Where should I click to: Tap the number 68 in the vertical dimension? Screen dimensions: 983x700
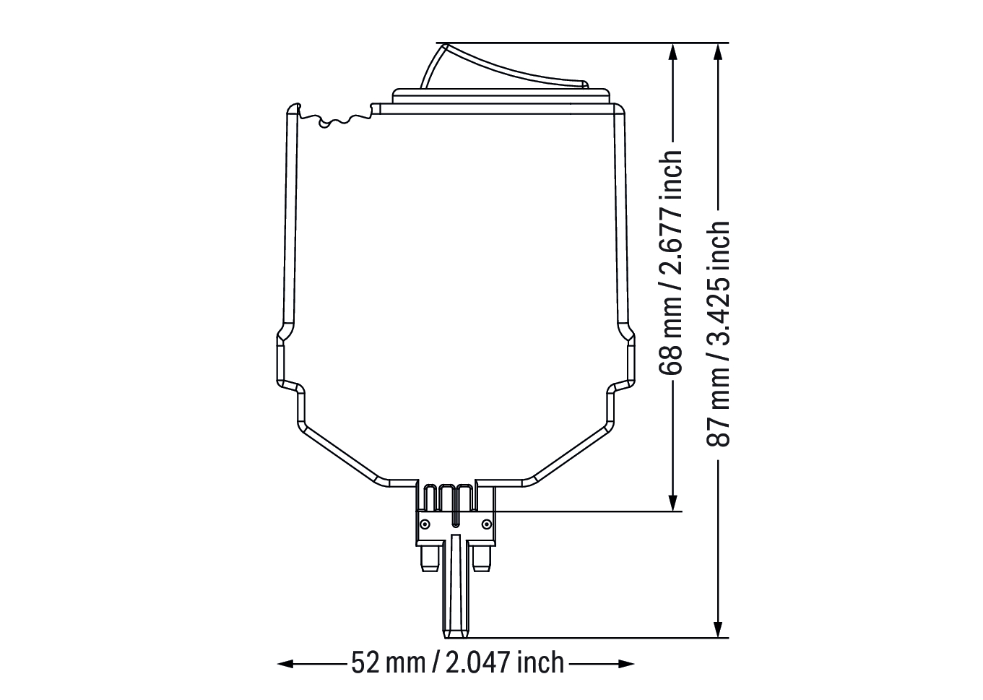pyautogui.click(x=670, y=360)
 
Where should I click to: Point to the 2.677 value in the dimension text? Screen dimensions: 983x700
pyautogui.click(x=670, y=241)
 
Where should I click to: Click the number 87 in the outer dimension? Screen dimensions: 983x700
pyautogui.click(x=718, y=432)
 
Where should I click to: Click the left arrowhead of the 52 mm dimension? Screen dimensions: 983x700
pyautogui.click(x=286, y=664)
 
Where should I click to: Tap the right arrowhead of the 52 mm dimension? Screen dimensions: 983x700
pyautogui.click(x=626, y=664)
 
